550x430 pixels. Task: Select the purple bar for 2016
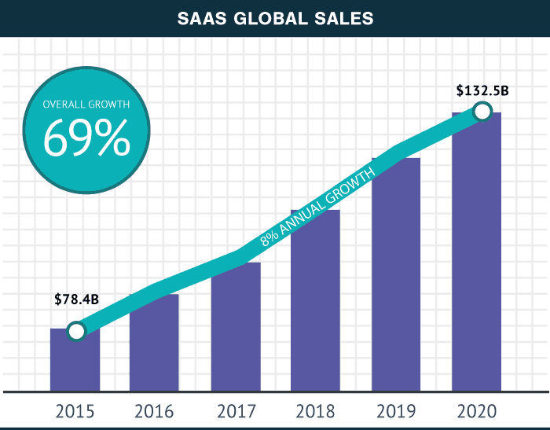(x=154, y=346)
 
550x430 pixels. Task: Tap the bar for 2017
(x=235, y=330)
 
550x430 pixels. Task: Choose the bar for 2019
(x=396, y=275)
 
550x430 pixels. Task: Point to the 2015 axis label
(x=75, y=410)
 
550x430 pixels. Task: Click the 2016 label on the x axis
(x=154, y=410)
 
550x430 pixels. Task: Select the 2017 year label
(x=235, y=410)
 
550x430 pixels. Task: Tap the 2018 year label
(x=315, y=410)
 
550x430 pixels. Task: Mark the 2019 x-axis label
(x=396, y=410)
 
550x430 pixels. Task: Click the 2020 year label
(x=476, y=410)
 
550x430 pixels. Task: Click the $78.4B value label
(x=76, y=300)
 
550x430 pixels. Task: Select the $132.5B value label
(x=482, y=90)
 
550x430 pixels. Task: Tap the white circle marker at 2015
(x=75, y=331)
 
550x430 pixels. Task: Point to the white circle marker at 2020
(x=482, y=112)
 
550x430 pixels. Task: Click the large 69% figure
(x=86, y=140)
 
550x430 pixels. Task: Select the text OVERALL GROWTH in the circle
(x=86, y=104)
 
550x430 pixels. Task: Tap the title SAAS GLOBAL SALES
(x=274, y=18)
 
